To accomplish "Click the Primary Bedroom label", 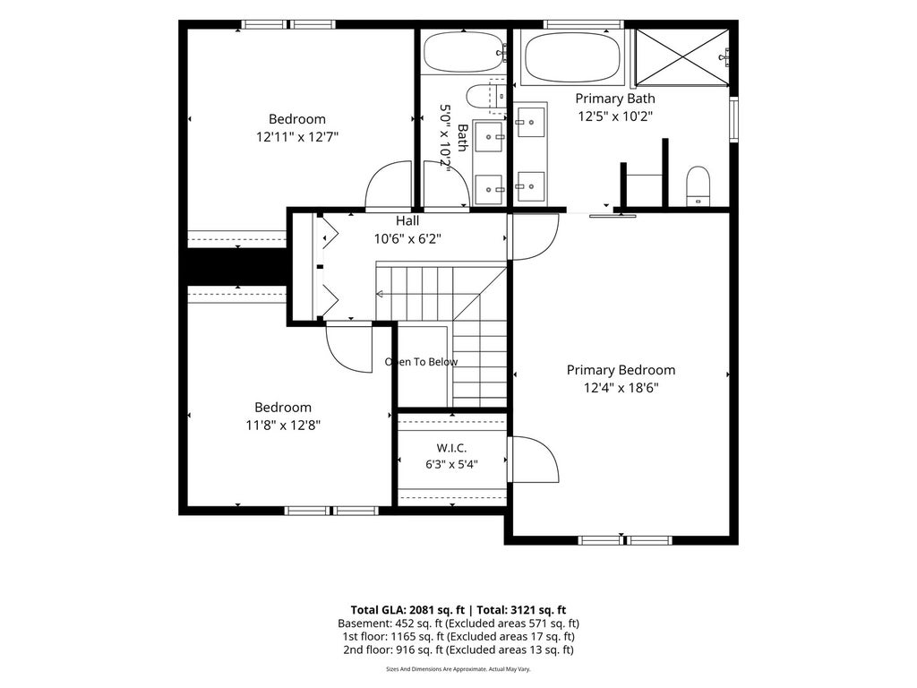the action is point(621,370).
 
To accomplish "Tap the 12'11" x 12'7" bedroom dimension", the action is point(297,137).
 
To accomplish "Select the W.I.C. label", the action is point(451,448).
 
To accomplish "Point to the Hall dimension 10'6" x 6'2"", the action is point(407,238).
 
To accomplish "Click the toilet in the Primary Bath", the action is point(698,186).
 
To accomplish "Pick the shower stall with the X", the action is point(681,57).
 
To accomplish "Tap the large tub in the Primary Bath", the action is point(572,56).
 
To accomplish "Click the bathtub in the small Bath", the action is point(463,52).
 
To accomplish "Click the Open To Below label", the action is point(421,362).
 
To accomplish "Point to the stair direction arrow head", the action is point(379,294).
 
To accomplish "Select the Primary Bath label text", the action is point(614,99).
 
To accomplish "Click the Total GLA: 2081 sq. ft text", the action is point(407,610).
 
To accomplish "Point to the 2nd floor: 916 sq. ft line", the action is point(458,649).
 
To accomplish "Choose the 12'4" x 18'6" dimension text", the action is point(621,388).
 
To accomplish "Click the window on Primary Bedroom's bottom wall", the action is point(625,540).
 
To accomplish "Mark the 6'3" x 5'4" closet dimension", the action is point(451,465).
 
